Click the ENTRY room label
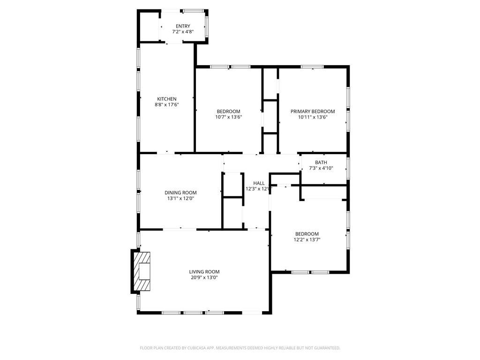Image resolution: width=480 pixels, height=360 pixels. (183, 26)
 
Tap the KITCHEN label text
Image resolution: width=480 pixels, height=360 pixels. (166, 99)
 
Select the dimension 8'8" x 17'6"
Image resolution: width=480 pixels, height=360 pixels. (167, 105)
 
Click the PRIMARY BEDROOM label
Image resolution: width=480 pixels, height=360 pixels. (313, 112)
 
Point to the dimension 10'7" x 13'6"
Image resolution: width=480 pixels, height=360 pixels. (228, 117)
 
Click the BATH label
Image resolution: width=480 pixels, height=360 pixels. (321, 162)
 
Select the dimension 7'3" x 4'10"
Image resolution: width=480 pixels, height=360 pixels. (321, 168)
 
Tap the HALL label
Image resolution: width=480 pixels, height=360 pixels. (259, 183)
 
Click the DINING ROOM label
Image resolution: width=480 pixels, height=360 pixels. (180, 193)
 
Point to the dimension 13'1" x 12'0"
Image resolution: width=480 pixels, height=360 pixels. (180, 199)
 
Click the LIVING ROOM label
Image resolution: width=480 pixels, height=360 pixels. (204, 272)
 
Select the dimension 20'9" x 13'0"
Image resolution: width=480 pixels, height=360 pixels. (204, 277)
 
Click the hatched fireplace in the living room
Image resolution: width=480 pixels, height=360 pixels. (142, 272)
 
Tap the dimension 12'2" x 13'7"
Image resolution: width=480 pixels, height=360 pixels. (307, 240)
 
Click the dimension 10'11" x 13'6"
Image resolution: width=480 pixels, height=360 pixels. (313, 117)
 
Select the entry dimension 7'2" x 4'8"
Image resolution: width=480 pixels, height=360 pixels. (183, 32)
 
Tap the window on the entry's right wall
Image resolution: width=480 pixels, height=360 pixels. (207, 28)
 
